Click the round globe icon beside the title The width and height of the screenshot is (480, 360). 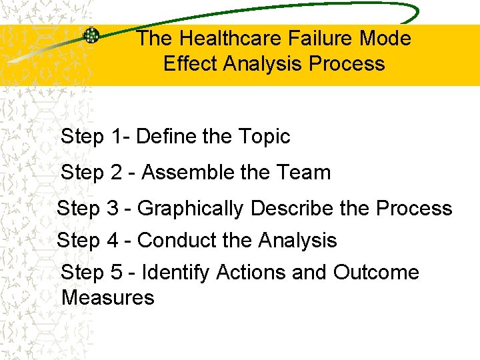[91, 35]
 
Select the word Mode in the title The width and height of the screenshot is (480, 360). [385, 39]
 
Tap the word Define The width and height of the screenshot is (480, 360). [166, 137]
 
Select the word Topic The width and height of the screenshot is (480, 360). [264, 137]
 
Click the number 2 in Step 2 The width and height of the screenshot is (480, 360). [117, 173]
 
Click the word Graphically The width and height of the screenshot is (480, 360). [191, 209]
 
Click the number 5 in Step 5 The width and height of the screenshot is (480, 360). [117, 272]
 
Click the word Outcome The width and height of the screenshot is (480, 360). [376, 272]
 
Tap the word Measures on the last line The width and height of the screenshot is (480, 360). [107, 297]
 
